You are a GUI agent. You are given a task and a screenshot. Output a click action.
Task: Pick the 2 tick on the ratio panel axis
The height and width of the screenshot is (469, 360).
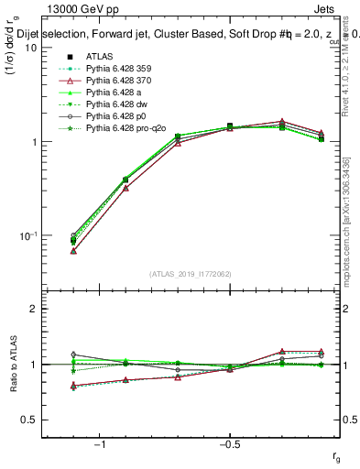(x=33, y=309)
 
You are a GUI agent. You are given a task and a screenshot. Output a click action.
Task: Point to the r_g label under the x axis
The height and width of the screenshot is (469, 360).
(x=336, y=455)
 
